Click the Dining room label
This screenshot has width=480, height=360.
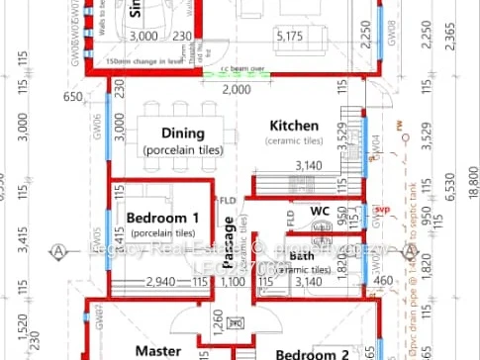[182, 134]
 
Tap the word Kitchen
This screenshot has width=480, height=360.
[295, 126]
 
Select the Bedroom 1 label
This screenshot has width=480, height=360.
[163, 218]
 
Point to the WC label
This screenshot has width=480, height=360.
[319, 211]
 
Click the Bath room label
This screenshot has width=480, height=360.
[302, 256]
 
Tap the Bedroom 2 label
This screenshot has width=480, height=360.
[311, 353]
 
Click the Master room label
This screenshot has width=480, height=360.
[157, 350]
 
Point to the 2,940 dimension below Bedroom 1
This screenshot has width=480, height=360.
[162, 283]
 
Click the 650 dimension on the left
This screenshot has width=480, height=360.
[72, 97]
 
